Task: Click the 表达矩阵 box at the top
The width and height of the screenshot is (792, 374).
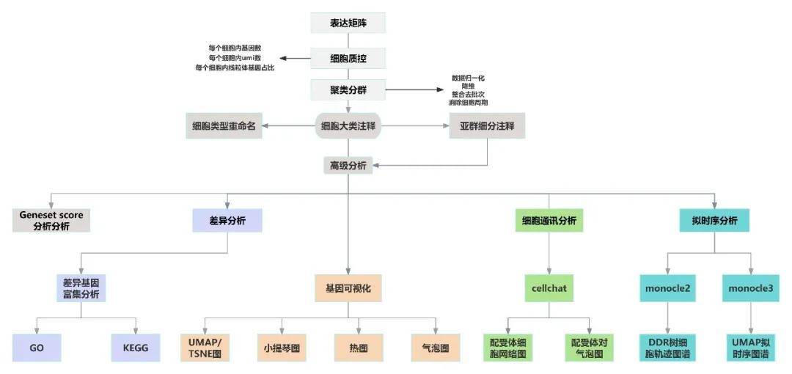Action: (x=348, y=23)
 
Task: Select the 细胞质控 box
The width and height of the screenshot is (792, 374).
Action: (x=348, y=58)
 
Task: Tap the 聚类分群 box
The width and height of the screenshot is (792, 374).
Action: (x=348, y=90)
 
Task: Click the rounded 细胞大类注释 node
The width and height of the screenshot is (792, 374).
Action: (x=348, y=126)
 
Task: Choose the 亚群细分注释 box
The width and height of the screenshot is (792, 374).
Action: (x=487, y=126)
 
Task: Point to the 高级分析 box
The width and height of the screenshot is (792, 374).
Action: (x=348, y=164)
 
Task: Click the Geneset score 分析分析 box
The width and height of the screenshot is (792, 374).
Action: (x=51, y=220)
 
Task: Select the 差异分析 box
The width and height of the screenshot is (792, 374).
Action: (x=227, y=220)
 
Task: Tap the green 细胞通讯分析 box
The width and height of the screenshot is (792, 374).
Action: (x=549, y=220)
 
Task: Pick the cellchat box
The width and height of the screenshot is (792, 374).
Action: (x=549, y=288)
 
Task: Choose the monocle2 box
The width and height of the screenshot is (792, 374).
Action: (x=667, y=288)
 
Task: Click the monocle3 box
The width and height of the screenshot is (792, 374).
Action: (x=750, y=288)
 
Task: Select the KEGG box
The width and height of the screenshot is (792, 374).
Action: (x=136, y=348)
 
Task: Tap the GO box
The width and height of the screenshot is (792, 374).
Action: (x=37, y=348)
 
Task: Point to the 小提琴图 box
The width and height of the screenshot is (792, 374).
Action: (x=278, y=348)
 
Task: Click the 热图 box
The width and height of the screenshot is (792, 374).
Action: (x=359, y=348)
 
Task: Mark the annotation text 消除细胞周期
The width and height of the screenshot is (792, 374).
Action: (x=469, y=103)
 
